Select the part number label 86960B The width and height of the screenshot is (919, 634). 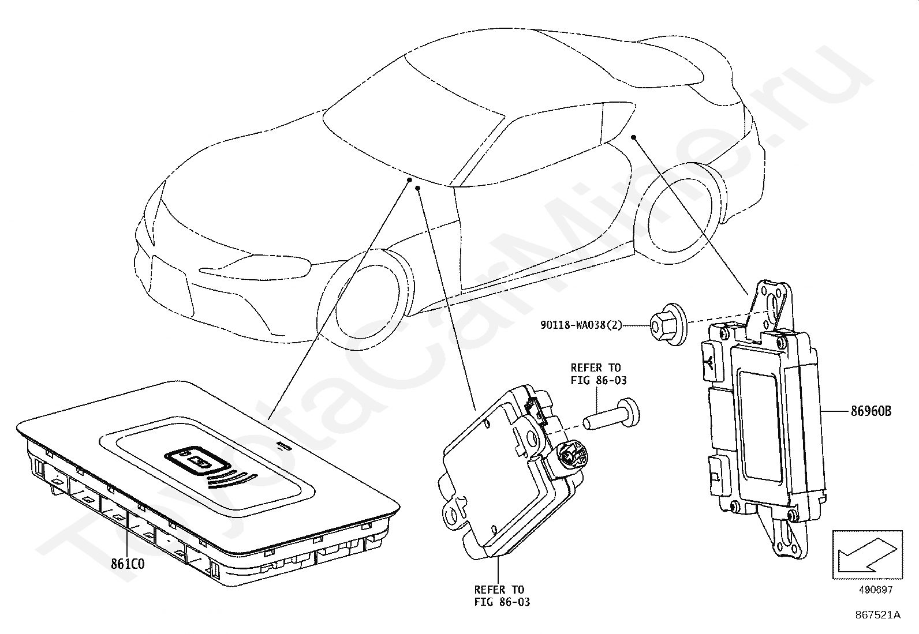(871, 411)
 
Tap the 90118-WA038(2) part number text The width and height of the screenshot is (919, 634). (581, 325)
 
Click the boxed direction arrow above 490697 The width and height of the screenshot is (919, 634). (866, 554)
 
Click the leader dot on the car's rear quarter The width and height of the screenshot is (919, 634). (634, 137)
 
